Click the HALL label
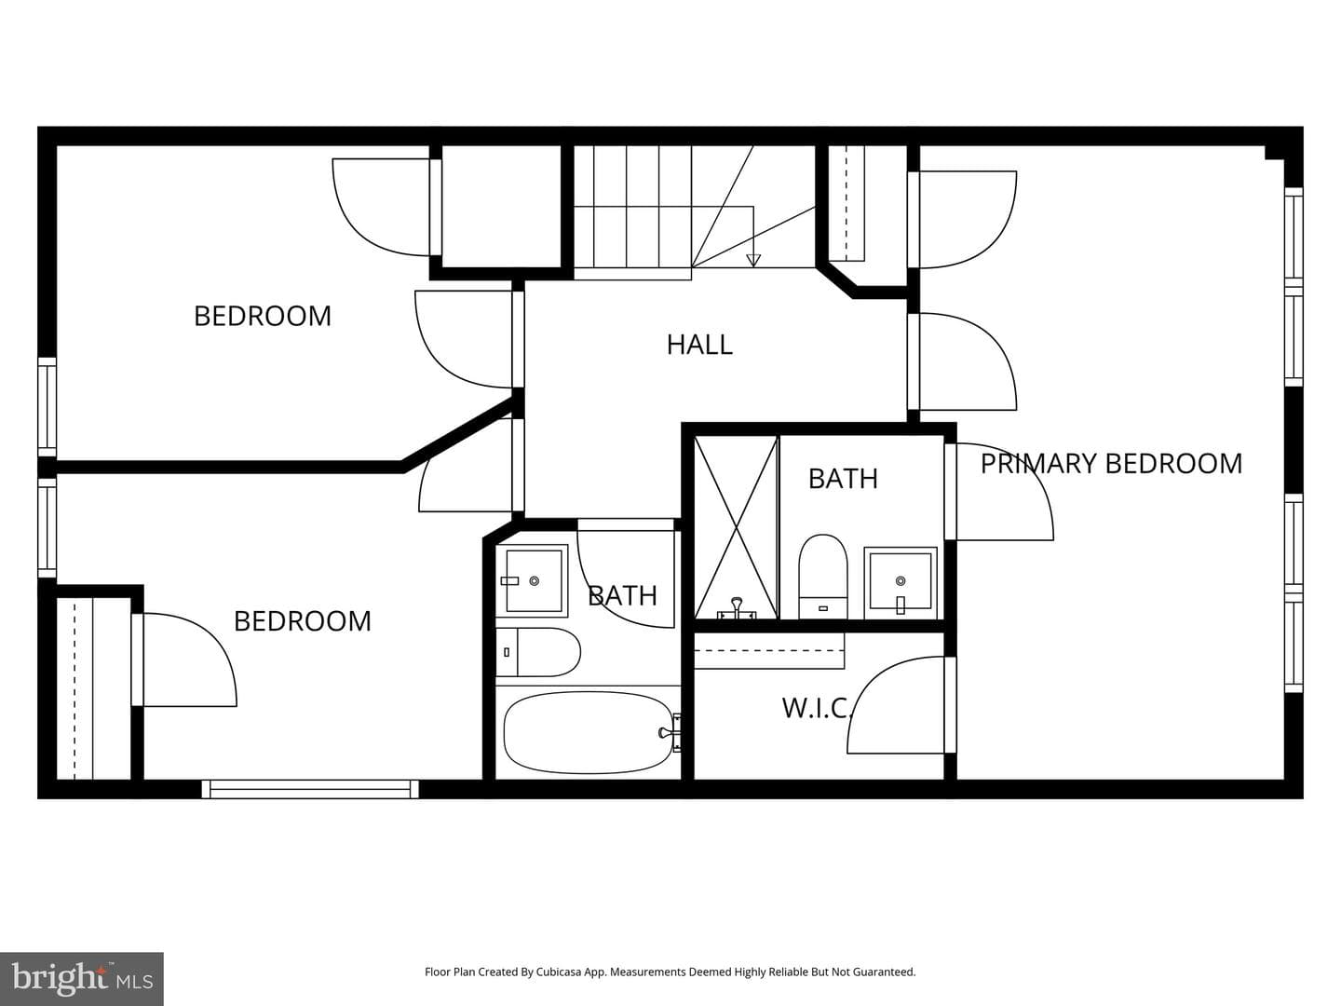[699, 345]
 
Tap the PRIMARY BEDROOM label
[1111, 464]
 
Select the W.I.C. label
[816, 708]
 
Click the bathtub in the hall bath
[589, 732]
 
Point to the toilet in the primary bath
[823, 576]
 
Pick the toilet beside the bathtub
[537, 652]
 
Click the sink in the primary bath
[900, 583]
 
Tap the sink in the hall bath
[532, 581]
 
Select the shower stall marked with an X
[737, 527]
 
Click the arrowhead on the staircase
[753, 260]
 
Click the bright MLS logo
[82, 978]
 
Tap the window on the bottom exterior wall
[310, 789]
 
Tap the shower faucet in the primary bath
[737, 609]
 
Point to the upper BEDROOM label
[263, 316]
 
